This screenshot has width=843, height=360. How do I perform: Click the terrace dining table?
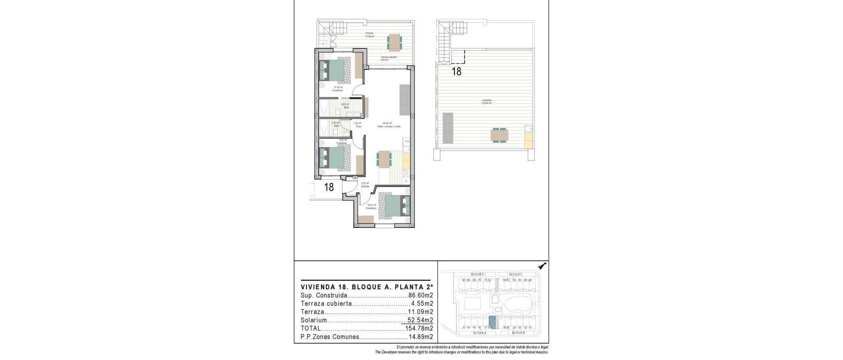394,42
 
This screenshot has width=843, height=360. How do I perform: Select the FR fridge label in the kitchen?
407,141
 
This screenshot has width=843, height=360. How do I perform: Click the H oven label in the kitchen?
406,181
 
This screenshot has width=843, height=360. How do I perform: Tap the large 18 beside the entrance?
329,187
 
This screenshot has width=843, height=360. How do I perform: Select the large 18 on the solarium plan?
457,72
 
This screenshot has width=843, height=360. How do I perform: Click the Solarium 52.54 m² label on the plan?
486,102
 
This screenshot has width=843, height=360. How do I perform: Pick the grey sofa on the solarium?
448,128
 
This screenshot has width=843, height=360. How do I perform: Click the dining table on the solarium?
499,135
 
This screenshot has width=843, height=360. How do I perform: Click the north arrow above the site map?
543,266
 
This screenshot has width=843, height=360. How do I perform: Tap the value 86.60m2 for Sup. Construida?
421,295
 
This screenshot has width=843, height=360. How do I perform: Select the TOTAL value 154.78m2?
419,328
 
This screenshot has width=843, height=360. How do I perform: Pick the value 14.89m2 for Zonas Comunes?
421,337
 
